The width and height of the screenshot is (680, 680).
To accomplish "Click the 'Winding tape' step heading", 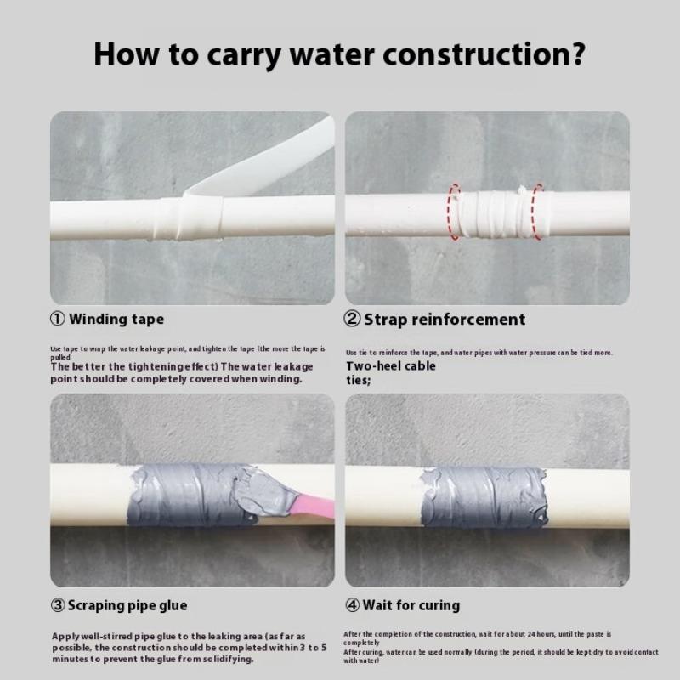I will [116, 320].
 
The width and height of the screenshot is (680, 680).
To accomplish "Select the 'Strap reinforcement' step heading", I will [445, 320].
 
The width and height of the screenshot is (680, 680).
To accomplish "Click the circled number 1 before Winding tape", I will [58, 320].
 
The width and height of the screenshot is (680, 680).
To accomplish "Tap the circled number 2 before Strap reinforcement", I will [353, 320].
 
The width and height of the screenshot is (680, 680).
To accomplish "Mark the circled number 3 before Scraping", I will [58, 605].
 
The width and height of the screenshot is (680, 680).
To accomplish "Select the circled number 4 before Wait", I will [353, 605].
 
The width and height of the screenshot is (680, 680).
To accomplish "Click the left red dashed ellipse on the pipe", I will [455, 211].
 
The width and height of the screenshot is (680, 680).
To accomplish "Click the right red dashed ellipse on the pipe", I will [537, 210].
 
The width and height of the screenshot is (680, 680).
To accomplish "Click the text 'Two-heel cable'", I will [390, 366].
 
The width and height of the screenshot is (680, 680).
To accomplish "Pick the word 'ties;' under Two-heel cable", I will [358, 380].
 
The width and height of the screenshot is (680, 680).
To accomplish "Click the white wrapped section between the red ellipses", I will [496, 211].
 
